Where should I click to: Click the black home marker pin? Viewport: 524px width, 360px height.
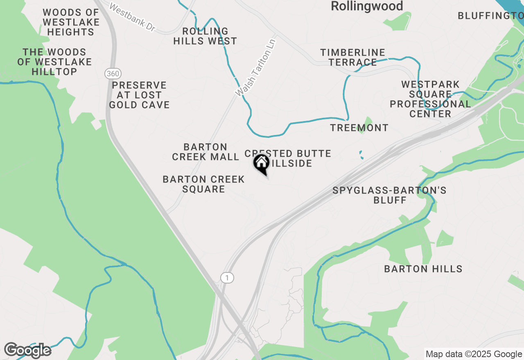262,164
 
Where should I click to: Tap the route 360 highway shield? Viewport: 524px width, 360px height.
112,74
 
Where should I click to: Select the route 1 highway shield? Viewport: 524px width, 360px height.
227,277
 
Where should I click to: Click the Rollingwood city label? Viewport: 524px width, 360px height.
367,6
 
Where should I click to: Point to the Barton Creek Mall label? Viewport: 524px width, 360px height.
206,152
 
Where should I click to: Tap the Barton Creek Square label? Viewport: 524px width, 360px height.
204,184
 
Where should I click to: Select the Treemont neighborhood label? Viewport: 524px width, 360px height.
359,128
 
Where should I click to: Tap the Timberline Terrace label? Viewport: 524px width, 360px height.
352,57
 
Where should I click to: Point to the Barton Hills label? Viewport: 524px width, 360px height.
423,269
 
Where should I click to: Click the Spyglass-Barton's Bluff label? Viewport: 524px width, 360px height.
389,195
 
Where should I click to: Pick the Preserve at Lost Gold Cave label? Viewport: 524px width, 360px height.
139,95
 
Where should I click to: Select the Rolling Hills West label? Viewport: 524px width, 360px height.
205,36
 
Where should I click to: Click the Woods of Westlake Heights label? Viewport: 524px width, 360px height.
71,22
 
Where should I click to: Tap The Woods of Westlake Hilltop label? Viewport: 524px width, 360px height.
54,62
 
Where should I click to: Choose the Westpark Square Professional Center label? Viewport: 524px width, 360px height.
430,99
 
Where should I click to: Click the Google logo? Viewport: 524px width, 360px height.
27,350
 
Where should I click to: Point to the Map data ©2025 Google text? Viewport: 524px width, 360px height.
474,354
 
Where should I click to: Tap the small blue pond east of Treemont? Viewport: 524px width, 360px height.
361,155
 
